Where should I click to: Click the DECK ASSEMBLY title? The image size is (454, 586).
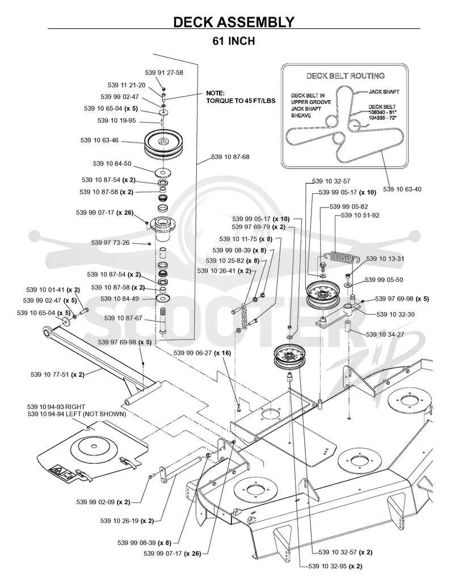tap(234, 22)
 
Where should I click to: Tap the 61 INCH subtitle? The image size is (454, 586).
tap(234, 41)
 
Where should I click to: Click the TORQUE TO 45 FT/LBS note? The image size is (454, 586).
tap(241, 101)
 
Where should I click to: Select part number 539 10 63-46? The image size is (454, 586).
tap(100, 140)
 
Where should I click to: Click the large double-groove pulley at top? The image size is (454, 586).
tap(164, 143)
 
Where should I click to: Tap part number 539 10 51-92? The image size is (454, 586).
tap(360, 215)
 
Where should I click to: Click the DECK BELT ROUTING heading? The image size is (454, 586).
tap(346, 76)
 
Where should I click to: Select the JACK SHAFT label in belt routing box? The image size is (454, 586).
tap(384, 92)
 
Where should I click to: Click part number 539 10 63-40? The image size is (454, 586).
tap(402, 189)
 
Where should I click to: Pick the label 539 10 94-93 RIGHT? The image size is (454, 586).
tap(56, 406)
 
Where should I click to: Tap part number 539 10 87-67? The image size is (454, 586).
tap(124, 318)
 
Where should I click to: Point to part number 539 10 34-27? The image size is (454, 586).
tap(385, 334)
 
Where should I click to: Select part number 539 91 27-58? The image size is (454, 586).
tap(164, 73)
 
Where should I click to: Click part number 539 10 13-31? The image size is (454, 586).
tap(385, 259)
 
